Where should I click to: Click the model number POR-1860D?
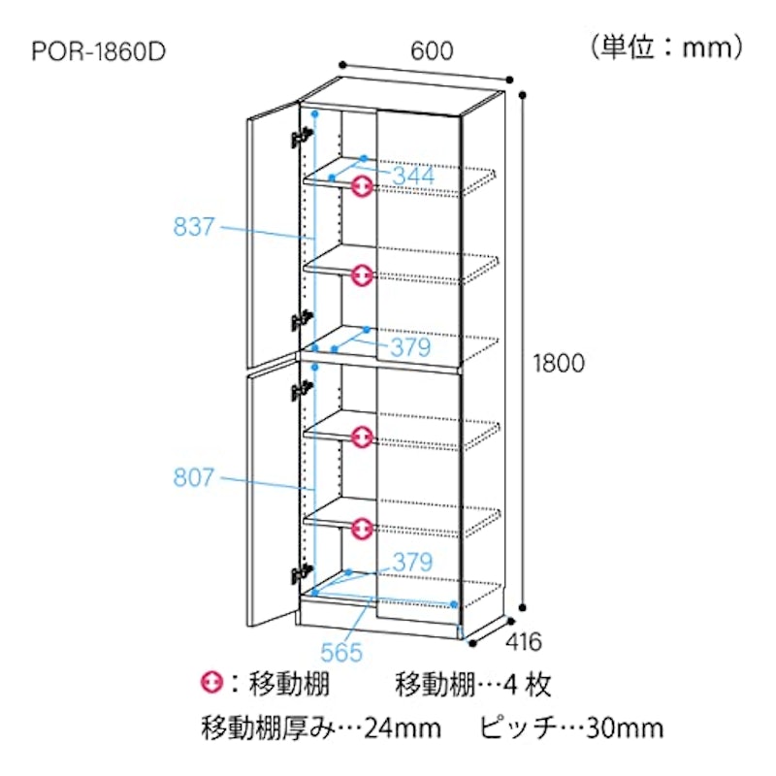point(99,51)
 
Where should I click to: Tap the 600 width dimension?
point(432,50)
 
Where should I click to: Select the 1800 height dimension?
point(559,363)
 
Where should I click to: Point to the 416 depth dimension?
point(524,642)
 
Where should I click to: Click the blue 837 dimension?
point(194,227)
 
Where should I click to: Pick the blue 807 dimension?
point(194,477)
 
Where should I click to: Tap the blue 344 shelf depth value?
point(414,176)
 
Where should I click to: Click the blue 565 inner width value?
point(341,652)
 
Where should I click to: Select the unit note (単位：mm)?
point(667,48)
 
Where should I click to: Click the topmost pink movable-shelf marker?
point(362,186)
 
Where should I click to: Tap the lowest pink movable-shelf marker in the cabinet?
point(362,529)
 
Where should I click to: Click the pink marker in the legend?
point(211,683)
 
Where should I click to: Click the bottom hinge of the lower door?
point(302,573)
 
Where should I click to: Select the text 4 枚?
point(527,685)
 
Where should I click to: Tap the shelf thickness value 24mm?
point(403,728)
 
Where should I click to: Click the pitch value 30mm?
point(625,728)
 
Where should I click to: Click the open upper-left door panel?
point(274,235)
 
